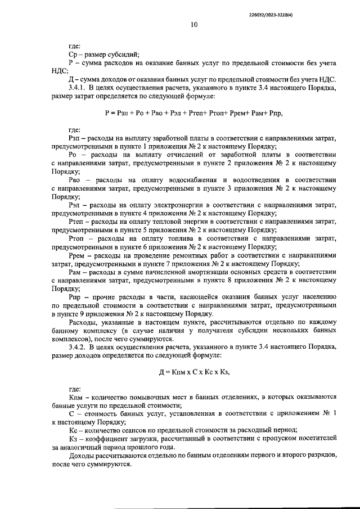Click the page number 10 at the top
193,24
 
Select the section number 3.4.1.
78,88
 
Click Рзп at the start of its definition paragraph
74,138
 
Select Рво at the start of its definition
74,179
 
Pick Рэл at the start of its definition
74,205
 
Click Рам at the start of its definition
75,271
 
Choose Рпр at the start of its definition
74,296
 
